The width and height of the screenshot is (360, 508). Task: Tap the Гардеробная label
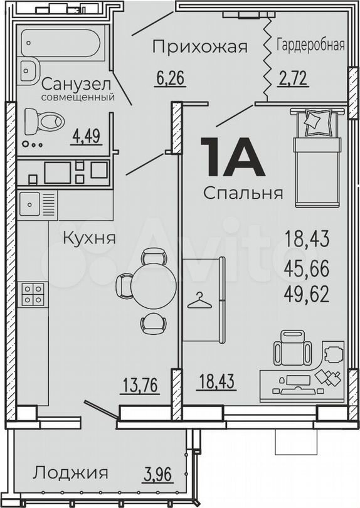310,45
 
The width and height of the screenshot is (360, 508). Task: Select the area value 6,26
170,79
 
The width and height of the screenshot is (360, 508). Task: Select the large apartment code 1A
230,157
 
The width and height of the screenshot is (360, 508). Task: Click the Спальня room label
243,193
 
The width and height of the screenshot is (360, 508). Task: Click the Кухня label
88,238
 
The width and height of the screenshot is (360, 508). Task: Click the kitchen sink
30,203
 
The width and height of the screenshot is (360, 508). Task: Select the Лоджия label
71,472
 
